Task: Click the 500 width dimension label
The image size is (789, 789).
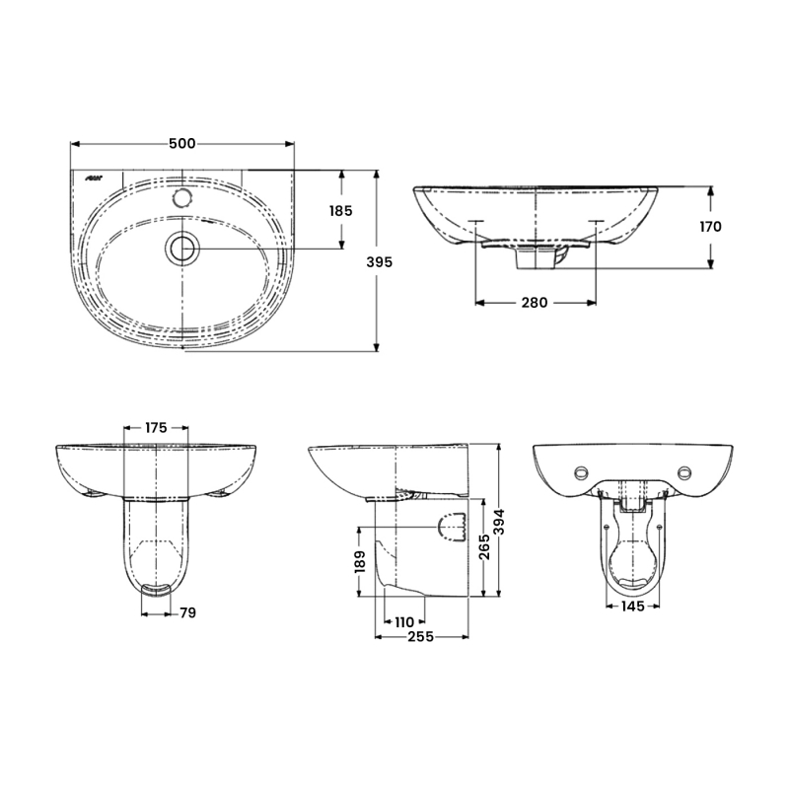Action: tap(181, 143)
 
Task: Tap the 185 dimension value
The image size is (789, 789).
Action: tap(340, 211)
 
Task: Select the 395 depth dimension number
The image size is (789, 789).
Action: tap(379, 262)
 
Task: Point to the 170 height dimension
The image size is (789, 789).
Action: tap(710, 227)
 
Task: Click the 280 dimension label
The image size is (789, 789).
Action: tap(534, 303)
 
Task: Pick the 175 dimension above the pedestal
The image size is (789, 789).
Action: tap(156, 428)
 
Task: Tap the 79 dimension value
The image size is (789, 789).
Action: tap(187, 612)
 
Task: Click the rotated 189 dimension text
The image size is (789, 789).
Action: tap(360, 561)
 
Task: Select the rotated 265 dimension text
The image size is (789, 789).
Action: tap(484, 547)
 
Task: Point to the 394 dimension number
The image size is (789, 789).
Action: tap(499, 522)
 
